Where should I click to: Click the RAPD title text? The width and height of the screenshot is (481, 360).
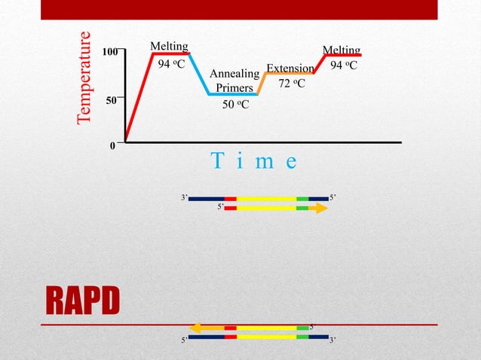pos(83,301)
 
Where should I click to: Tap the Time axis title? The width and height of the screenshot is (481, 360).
pos(254,161)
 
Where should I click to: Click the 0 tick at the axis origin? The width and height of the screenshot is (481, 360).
pos(113,146)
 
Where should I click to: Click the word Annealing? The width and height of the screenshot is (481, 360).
pos(234,74)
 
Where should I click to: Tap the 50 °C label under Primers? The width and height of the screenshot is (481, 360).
pos(235,105)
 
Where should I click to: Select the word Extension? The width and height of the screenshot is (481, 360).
pos(290,68)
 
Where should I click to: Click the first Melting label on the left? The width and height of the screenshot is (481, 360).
pos(169,47)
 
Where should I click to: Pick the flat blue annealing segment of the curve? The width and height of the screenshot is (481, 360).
pos(234,94)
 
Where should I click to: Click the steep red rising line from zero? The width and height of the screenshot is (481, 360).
pos(139,98)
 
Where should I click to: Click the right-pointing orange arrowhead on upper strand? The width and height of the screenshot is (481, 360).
pos(321,208)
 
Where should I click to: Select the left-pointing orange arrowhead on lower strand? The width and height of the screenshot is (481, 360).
pos(195,328)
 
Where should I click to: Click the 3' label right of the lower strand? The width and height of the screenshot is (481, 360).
pos(332,340)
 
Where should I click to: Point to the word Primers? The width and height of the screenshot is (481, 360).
pos(234,88)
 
